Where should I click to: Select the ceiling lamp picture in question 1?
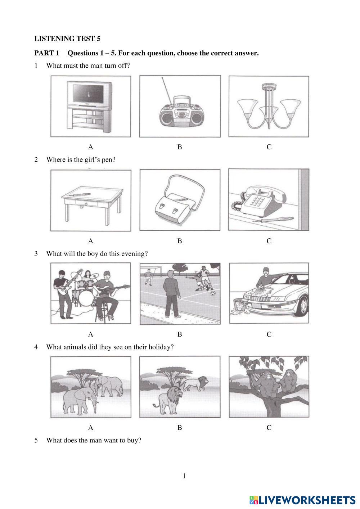(x=269, y=107)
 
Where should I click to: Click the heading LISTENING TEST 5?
(x=67, y=39)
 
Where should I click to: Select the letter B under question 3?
(x=180, y=334)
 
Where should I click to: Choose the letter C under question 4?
(x=269, y=428)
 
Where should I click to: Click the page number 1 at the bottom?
(x=184, y=476)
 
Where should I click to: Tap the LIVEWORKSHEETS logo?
(x=302, y=499)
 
